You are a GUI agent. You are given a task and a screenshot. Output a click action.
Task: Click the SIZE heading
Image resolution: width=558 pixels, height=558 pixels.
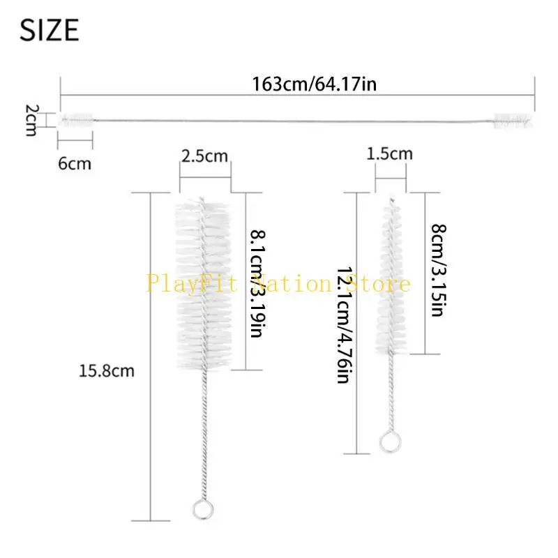[49, 30]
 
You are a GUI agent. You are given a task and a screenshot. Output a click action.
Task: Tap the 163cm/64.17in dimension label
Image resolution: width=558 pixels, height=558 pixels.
[314, 84]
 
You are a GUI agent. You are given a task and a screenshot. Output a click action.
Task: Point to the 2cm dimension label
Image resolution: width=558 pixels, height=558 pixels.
[31, 120]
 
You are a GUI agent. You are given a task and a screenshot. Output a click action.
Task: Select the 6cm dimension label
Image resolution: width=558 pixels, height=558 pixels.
[75, 164]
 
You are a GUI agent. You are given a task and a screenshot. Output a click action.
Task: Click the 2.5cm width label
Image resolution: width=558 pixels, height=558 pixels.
[204, 156]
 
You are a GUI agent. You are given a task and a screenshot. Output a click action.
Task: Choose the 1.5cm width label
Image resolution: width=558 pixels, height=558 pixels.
[390, 153]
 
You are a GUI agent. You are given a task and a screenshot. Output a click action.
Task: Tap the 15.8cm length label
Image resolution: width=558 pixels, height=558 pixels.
[107, 371]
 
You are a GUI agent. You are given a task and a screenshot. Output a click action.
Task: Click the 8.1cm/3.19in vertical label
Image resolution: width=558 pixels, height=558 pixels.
[257, 284]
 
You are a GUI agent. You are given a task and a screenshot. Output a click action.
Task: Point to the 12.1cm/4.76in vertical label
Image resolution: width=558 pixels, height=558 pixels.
[345, 325]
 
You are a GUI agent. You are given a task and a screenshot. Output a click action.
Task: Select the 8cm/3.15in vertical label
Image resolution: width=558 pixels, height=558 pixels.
[439, 271]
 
